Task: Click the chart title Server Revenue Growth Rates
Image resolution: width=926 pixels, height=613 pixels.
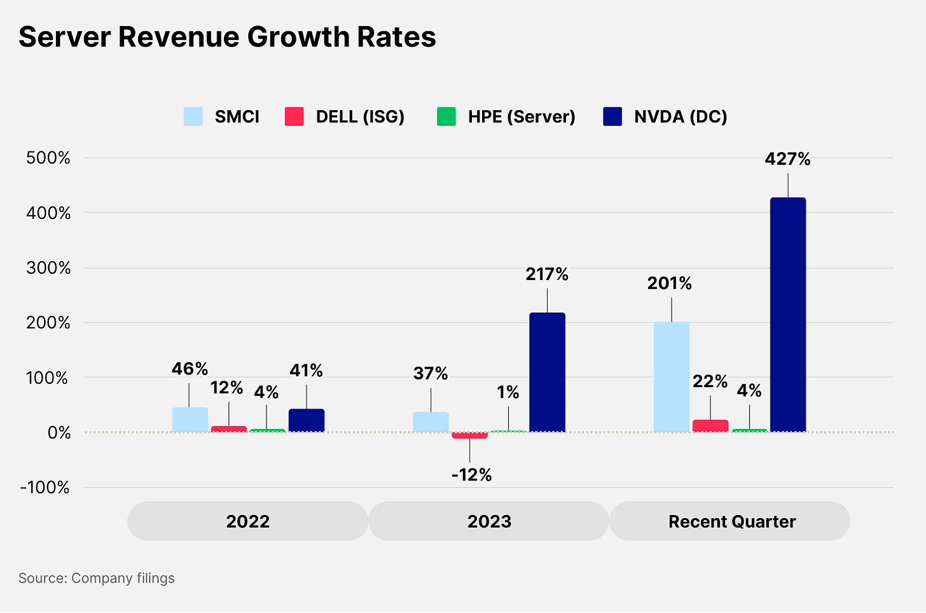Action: [x=227, y=37]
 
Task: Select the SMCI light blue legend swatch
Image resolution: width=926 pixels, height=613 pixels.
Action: [x=193, y=116]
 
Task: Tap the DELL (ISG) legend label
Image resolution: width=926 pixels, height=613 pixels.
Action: [x=360, y=116]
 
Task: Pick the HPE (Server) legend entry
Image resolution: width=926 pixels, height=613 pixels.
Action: [x=522, y=116]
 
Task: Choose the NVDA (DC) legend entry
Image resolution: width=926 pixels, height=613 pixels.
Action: [x=681, y=116]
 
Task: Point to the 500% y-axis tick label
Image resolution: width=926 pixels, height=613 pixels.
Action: [x=48, y=158]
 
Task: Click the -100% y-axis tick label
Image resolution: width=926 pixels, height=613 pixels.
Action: [x=45, y=488]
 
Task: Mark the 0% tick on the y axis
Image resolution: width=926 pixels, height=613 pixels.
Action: [x=59, y=433]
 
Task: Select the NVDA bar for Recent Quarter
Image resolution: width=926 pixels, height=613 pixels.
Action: [x=788, y=314]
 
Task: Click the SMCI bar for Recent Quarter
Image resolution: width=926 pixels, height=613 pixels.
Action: [x=672, y=377]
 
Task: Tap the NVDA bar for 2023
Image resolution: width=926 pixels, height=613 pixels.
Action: [x=547, y=372]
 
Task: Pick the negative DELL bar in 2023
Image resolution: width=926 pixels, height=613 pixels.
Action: [x=470, y=435]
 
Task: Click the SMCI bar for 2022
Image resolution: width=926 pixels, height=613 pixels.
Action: [x=190, y=420]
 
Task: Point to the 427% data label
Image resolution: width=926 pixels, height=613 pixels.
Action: [x=787, y=159]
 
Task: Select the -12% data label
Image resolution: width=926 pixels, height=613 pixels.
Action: [x=471, y=475]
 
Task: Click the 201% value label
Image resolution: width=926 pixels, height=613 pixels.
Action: [x=669, y=283]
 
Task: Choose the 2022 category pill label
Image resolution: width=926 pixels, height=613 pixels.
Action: [x=248, y=521]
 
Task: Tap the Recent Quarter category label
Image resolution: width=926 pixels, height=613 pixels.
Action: [x=731, y=521]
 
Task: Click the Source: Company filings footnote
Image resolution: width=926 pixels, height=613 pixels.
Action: [x=97, y=578]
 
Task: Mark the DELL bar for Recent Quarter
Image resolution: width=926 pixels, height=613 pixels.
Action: [x=710, y=426]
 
